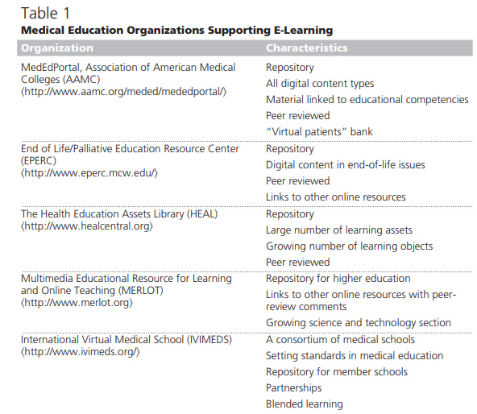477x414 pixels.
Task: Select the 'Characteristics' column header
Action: pos(307,48)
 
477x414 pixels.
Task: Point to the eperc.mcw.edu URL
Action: pos(90,172)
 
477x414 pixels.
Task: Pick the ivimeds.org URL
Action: pos(81,352)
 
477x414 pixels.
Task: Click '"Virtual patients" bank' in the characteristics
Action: pos(319,131)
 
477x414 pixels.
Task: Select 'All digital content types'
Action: pos(320,84)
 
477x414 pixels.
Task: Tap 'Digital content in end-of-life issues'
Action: pos(345,165)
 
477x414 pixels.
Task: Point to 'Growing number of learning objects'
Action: pos(349,246)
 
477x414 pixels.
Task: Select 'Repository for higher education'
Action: pos(338,279)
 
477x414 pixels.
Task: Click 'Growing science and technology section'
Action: pos(358,323)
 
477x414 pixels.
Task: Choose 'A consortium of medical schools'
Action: pos(340,340)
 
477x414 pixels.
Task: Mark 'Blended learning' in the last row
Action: pos(304,404)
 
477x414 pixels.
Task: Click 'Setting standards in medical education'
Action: pos(355,355)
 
